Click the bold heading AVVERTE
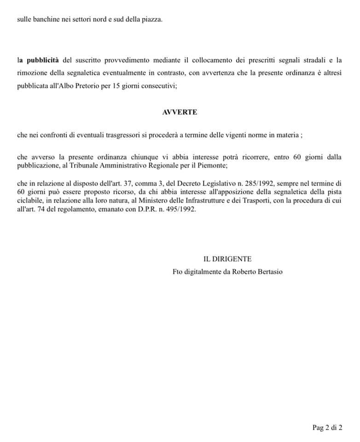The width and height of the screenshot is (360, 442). tap(180, 112)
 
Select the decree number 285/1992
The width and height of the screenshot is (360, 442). tap(258, 185)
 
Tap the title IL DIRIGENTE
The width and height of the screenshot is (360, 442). tap(227, 259)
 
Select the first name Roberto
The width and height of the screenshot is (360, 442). tap(236, 272)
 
